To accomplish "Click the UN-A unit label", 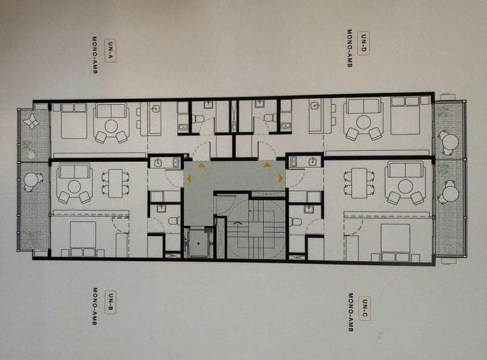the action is pos(110,51).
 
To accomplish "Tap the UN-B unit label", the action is pos(110,302).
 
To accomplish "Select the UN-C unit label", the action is pos(365,309).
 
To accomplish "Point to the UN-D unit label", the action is pos(364,43).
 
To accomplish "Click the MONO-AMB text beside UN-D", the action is pos(350,48).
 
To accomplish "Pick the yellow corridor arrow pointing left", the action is pos(189,178).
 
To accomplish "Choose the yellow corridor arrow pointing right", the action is pos(281,178).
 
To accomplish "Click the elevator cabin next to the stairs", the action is pos(198,242).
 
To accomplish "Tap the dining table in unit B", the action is pos(116,183).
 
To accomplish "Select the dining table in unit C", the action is pos(358,183).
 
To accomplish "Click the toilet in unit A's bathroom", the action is pos(198,118).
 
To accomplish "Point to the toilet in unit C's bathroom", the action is pos(296,222).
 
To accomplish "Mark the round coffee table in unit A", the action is pos(111,127).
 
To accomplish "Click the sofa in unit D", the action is pos(363,106).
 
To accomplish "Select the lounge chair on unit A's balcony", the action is pos(31,121).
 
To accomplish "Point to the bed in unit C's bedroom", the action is pos(395,242).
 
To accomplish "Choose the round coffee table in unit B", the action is pos(74,187).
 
